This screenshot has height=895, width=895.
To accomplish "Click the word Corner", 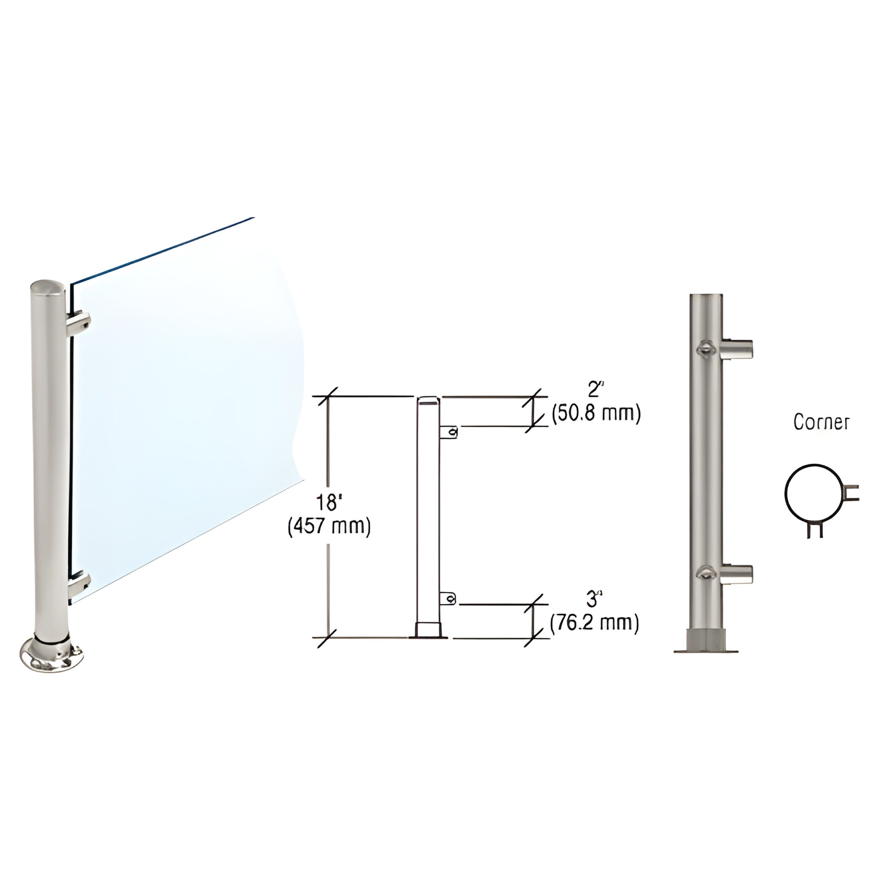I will click(821, 422).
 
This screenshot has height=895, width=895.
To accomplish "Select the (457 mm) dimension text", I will click(329, 527).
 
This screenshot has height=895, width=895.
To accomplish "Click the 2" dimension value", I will click(594, 390).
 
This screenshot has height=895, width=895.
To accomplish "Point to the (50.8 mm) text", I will click(596, 413).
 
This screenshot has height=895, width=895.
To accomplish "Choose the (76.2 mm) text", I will click(594, 623).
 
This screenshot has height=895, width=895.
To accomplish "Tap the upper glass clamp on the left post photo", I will click(79, 325).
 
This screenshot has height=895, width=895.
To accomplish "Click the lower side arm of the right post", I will click(737, 574).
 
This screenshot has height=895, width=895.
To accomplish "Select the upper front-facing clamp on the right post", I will click(706, 348).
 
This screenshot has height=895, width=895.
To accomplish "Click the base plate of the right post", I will click(706, 650).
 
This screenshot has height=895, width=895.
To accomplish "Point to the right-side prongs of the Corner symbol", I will click(851, 493).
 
